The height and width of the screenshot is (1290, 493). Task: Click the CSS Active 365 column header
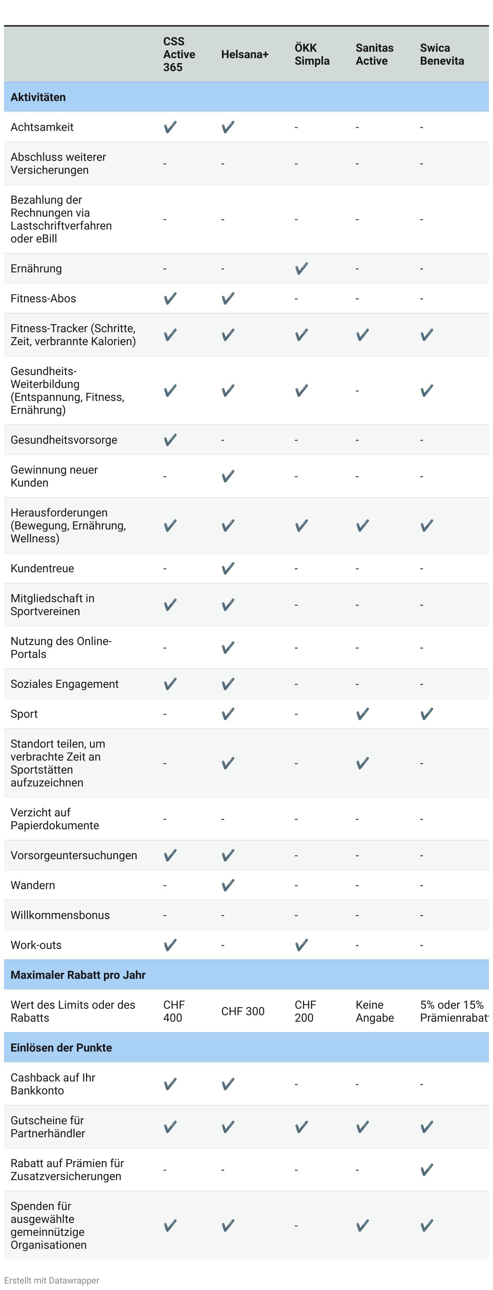click(179, 54)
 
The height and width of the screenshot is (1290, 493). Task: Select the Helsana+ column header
click(245, 54)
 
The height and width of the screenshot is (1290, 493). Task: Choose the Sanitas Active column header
click(374, 54)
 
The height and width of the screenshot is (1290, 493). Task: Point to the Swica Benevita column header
click(441, 54)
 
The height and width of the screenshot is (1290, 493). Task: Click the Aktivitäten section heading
click(38, 97)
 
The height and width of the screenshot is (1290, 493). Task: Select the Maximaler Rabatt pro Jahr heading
click(78, 974)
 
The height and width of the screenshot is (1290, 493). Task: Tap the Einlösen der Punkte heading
click(61, 1047)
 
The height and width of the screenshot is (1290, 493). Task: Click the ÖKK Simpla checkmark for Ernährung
click(301, 268)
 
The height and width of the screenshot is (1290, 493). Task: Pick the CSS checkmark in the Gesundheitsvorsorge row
click(170, 440)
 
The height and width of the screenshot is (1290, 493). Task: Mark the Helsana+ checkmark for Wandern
click(228, 885)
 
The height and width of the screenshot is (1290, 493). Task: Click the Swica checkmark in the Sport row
click(426, 714)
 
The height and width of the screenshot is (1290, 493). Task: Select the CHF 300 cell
click(243, 1011)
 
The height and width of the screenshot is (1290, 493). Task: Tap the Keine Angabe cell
click(374, 1011)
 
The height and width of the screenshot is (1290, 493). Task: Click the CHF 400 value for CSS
click(174, 1011)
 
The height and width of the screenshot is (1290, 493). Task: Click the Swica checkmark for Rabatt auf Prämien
click(426, 1170)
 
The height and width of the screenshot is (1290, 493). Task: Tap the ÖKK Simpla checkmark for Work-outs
click(301, 945)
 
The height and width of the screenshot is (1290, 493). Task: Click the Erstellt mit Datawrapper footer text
click(52, 1280)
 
